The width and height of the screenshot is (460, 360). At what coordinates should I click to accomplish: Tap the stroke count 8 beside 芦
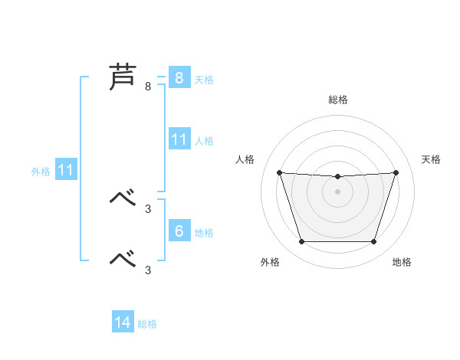[x=148, y=87]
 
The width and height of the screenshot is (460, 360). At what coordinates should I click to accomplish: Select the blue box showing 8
[x=179, y=78]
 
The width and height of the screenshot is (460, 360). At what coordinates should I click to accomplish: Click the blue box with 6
[x=179, y=231]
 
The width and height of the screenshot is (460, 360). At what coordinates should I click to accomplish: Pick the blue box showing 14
[x=123, y=322]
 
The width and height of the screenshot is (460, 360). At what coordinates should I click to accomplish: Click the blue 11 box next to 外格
[x=65, y=170]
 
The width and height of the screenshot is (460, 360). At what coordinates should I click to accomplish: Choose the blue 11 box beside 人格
[x=179, y=139]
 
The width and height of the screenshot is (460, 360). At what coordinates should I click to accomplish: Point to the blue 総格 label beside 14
[x=147, y=324]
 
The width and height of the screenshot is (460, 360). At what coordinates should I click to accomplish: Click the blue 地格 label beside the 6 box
[x=204, y=233]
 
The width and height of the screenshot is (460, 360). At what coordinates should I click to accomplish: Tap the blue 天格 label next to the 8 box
[x=204, y=80]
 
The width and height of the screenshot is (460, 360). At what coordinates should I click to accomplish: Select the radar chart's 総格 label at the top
[x=337, y=100]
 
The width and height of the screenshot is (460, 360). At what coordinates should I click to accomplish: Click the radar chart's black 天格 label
[x=431, y=159]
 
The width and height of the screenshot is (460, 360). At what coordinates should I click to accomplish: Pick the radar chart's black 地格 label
[x=402, y=263]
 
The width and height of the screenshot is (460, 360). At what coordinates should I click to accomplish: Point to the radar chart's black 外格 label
[x=270, y=263]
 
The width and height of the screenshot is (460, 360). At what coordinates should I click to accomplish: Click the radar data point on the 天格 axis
[x=396, y=172]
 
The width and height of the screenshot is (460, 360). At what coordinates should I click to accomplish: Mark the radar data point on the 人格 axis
[x=279, y=172]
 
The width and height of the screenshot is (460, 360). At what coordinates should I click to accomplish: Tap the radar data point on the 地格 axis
[x=373, y=242]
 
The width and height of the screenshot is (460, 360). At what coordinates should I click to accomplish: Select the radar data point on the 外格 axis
[x=301, y=242]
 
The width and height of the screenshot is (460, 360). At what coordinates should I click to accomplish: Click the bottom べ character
[x=123, y=259]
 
